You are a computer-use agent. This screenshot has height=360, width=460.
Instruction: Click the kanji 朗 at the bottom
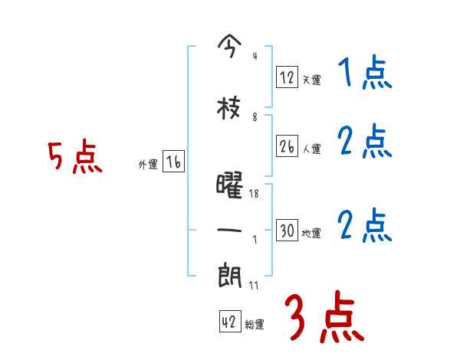[230, 275]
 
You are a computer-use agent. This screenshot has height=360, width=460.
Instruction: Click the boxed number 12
[287, 77]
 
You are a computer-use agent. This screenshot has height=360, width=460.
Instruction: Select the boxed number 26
[287, 146]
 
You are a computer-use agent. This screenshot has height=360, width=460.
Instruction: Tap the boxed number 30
[287, 230]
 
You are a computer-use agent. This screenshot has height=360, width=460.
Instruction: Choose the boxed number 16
[174, 162]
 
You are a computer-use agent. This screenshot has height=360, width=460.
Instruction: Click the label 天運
[311, 80]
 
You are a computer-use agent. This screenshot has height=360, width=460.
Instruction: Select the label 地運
[311, 233]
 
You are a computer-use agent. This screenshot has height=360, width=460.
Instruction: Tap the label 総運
[255, 325]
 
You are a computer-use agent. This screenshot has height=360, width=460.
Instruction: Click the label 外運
[148, 164]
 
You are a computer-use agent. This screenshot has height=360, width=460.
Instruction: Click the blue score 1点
[364, 74]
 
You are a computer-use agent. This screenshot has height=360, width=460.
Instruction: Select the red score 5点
[74, 158]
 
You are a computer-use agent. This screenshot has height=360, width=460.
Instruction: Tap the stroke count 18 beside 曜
[255, 194]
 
